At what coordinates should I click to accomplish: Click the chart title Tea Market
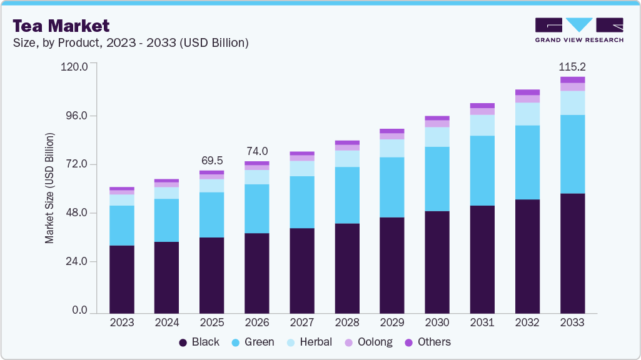[61, 26]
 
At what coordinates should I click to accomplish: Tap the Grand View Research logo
[579, 29]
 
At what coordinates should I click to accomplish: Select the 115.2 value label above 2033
[572, 67]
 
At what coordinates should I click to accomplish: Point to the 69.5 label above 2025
[211, 161]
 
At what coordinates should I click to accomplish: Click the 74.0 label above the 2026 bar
[256, 151]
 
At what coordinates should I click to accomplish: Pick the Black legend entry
[199, 342]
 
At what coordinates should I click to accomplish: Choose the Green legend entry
[252, 342]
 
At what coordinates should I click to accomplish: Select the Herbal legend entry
[308, 342]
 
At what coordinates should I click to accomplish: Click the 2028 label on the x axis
[347, 322]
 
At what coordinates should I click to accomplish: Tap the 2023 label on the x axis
[122, 322]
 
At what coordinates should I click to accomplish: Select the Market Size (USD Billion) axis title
[49, 188]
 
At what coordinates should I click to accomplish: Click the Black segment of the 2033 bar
[572, 253]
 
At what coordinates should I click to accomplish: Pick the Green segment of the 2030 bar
[437, 179]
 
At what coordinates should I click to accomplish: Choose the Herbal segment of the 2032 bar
[527, 114]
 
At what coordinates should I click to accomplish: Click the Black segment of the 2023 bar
[122, 279]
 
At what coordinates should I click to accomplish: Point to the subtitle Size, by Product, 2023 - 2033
[131, 43]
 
